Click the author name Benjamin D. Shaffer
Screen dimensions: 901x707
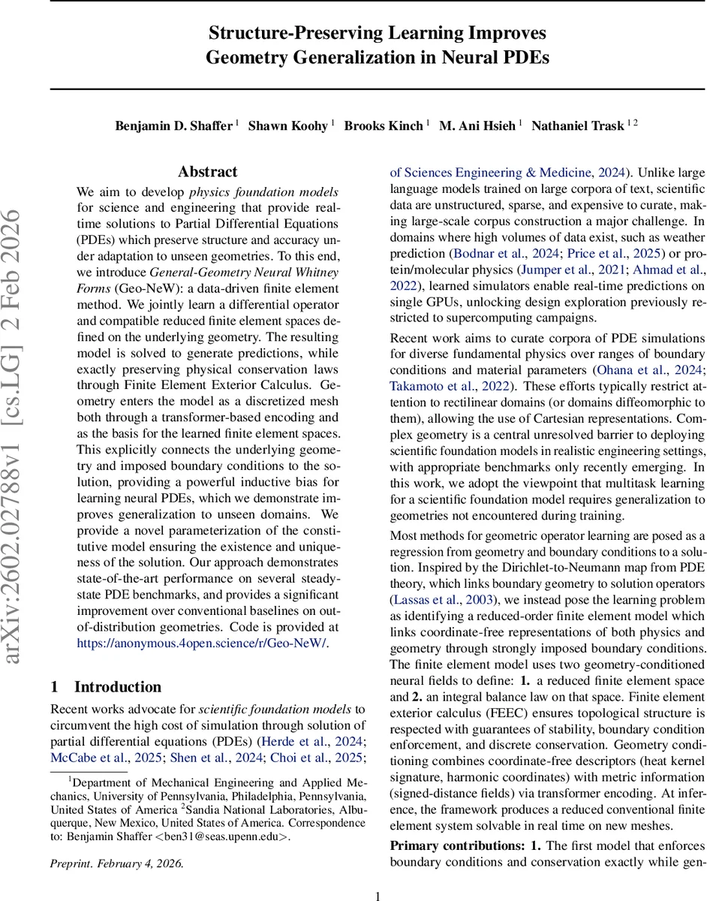click(174, 126)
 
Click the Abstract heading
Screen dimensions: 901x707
click(208, 172)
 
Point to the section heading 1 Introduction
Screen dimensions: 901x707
click(106, 686)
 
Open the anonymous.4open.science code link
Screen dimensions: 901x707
click(202, 643)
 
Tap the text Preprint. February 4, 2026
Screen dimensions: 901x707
click(116, 863)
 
